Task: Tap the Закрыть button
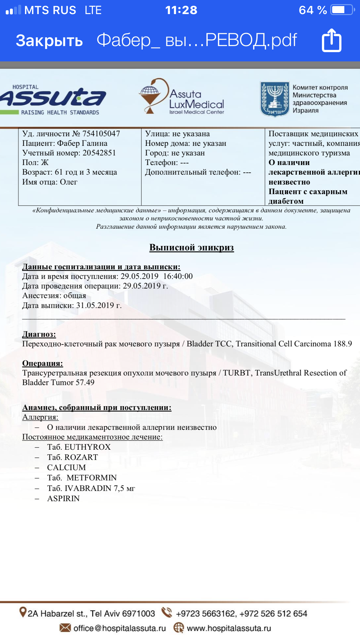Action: tap(49, 41)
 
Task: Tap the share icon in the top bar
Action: tap(332, 41)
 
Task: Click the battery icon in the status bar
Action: tap(342, 10)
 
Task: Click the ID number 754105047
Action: tap(101, 134)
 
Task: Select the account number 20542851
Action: tap(99, 153)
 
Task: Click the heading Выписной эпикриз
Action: tap(191, 248)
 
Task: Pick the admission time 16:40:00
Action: tap(178, 276)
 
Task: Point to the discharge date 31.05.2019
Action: tap(95, 305)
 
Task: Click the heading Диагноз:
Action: tap(39, 334)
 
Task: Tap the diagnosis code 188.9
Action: tap(342, 344)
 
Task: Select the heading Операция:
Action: tap(43, 363)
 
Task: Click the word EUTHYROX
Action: tap(87, 447)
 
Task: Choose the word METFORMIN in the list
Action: tap(92, 478)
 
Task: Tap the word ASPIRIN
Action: tap(63, 499)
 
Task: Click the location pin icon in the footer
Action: tap(23, 612)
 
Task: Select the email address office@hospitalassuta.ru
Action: tap(120, 628)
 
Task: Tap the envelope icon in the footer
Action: tap(65, 628)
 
